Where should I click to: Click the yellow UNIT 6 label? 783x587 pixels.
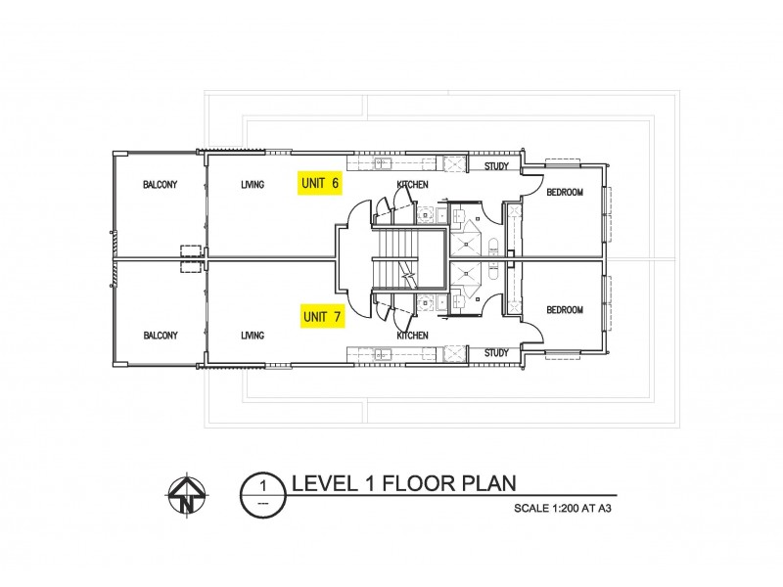[321, 183]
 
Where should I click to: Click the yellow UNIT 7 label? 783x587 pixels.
[321, 317]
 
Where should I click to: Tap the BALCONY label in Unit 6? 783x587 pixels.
[160, 184]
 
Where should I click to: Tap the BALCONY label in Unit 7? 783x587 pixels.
[160, 336]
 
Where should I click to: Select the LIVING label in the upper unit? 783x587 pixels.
[253, 184]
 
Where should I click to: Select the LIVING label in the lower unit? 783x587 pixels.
[253, 336]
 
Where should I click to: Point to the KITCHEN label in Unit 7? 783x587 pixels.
[412, 336]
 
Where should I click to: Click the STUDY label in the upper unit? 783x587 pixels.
[496, 167]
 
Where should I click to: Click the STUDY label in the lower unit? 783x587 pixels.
[496, 353]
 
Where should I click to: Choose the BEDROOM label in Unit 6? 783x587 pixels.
[565, 193]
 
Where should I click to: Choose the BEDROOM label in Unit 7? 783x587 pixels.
[565, 310]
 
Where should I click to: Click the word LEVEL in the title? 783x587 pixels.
[326, 482]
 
